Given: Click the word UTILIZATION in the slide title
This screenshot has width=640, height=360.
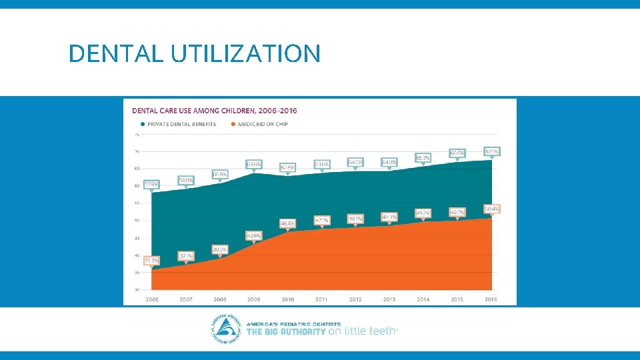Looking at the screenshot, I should [245, 53].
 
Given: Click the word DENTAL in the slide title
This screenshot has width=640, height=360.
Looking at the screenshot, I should [115, 53].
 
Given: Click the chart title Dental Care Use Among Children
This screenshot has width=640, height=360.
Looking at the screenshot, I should [215, 110].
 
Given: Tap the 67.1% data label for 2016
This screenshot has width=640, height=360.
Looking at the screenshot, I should [491, 151].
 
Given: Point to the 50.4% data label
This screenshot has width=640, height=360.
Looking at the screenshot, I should [491, 209].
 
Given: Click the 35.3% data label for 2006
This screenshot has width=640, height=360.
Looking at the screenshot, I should [151, 261].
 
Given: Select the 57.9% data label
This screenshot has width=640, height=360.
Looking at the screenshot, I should [151, 184].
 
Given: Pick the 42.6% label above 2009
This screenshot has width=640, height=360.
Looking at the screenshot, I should [254, 235].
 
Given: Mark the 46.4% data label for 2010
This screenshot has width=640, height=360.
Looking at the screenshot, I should [288, 223].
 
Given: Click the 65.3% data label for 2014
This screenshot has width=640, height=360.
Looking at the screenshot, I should [423, 158].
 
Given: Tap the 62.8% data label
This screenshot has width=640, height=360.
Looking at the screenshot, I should [288, 167].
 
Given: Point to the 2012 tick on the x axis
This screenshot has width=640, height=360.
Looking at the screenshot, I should [355, 299].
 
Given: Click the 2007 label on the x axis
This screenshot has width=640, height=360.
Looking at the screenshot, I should [186, 299].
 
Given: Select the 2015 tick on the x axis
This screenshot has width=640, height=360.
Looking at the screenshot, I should [457, 299].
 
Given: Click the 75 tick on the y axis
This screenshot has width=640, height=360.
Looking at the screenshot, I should [137, 134].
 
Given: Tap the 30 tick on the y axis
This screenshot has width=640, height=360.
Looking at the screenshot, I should [137, 290].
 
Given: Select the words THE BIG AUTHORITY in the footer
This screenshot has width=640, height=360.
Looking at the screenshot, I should [286, 331].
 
